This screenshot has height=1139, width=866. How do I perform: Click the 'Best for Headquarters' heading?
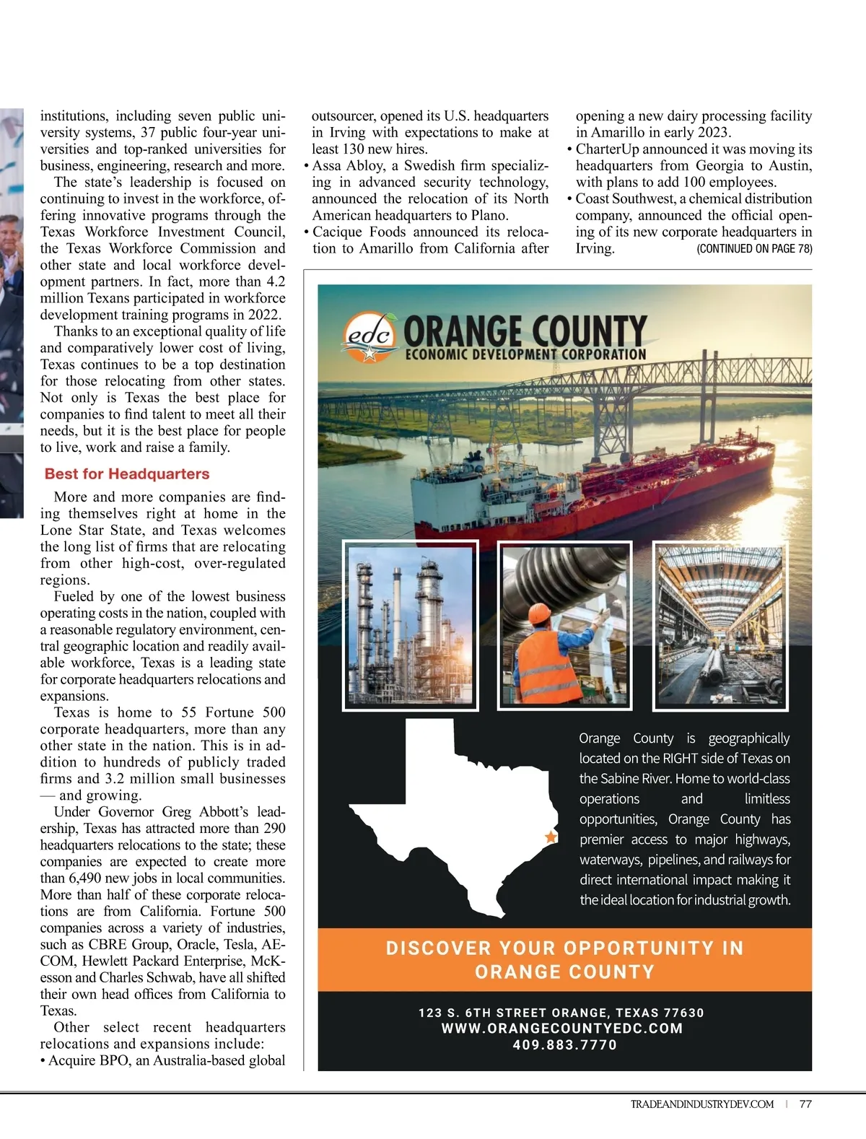tap(127, 474)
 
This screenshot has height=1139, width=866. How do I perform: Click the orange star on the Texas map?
tap(551, 837)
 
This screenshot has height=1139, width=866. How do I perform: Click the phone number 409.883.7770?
tap(565, 1044)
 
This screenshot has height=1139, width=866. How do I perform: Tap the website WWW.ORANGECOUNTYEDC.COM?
tap(562, 1029)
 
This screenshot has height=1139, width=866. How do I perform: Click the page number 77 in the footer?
tap(805, 1104)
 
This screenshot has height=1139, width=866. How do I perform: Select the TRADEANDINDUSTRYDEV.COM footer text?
tap(701, 1104)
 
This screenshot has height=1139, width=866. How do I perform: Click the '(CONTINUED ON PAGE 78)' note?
tap(754, 249)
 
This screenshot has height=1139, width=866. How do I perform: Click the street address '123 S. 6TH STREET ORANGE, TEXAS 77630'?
tap(561, 1013)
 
